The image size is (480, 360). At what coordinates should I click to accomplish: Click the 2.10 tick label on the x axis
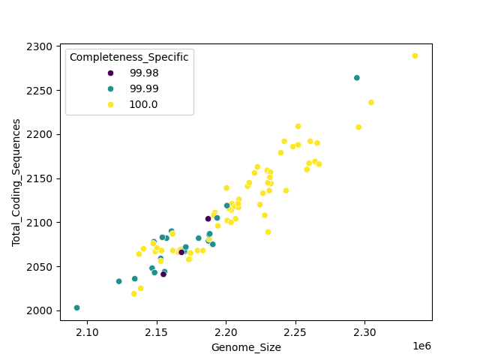point(88,331)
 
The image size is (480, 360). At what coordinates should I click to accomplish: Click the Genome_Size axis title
point(246,347)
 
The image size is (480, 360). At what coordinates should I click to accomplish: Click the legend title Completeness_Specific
point(129,57)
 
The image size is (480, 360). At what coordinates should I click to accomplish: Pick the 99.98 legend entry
point(144,73)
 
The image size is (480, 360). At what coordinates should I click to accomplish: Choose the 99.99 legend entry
point(144,88)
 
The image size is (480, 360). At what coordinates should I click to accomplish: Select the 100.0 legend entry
point(144,104)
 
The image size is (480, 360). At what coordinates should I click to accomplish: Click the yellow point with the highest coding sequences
point(415,56)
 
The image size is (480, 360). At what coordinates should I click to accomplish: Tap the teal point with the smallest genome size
point(77,307)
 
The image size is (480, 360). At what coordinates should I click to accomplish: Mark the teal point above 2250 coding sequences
point(357,78)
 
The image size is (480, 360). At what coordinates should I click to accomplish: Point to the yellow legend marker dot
point(111,104)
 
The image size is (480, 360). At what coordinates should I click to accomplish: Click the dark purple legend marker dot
point(111,73)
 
